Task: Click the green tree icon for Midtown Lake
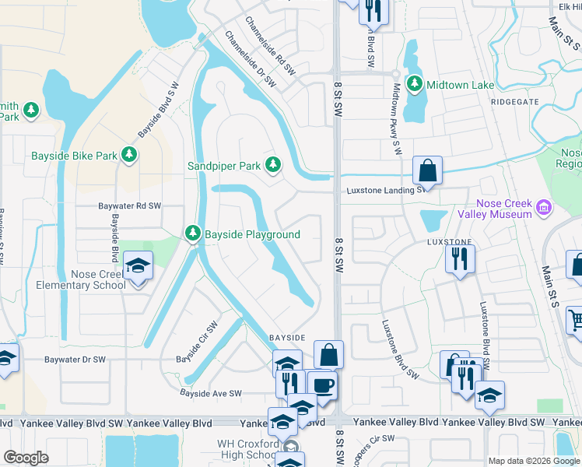point(415,83)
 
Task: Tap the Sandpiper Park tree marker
point(272,165)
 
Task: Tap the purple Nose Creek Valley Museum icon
point(544,208)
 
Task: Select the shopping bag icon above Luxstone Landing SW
point(427,170)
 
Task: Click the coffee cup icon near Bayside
point(321,384)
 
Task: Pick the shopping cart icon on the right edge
point(575,319)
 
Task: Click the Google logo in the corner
point(26,458)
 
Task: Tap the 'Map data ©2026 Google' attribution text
point(534,461)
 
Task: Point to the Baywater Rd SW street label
point(129,206)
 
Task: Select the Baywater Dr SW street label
point(75,360)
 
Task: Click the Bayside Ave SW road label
point(211,394)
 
